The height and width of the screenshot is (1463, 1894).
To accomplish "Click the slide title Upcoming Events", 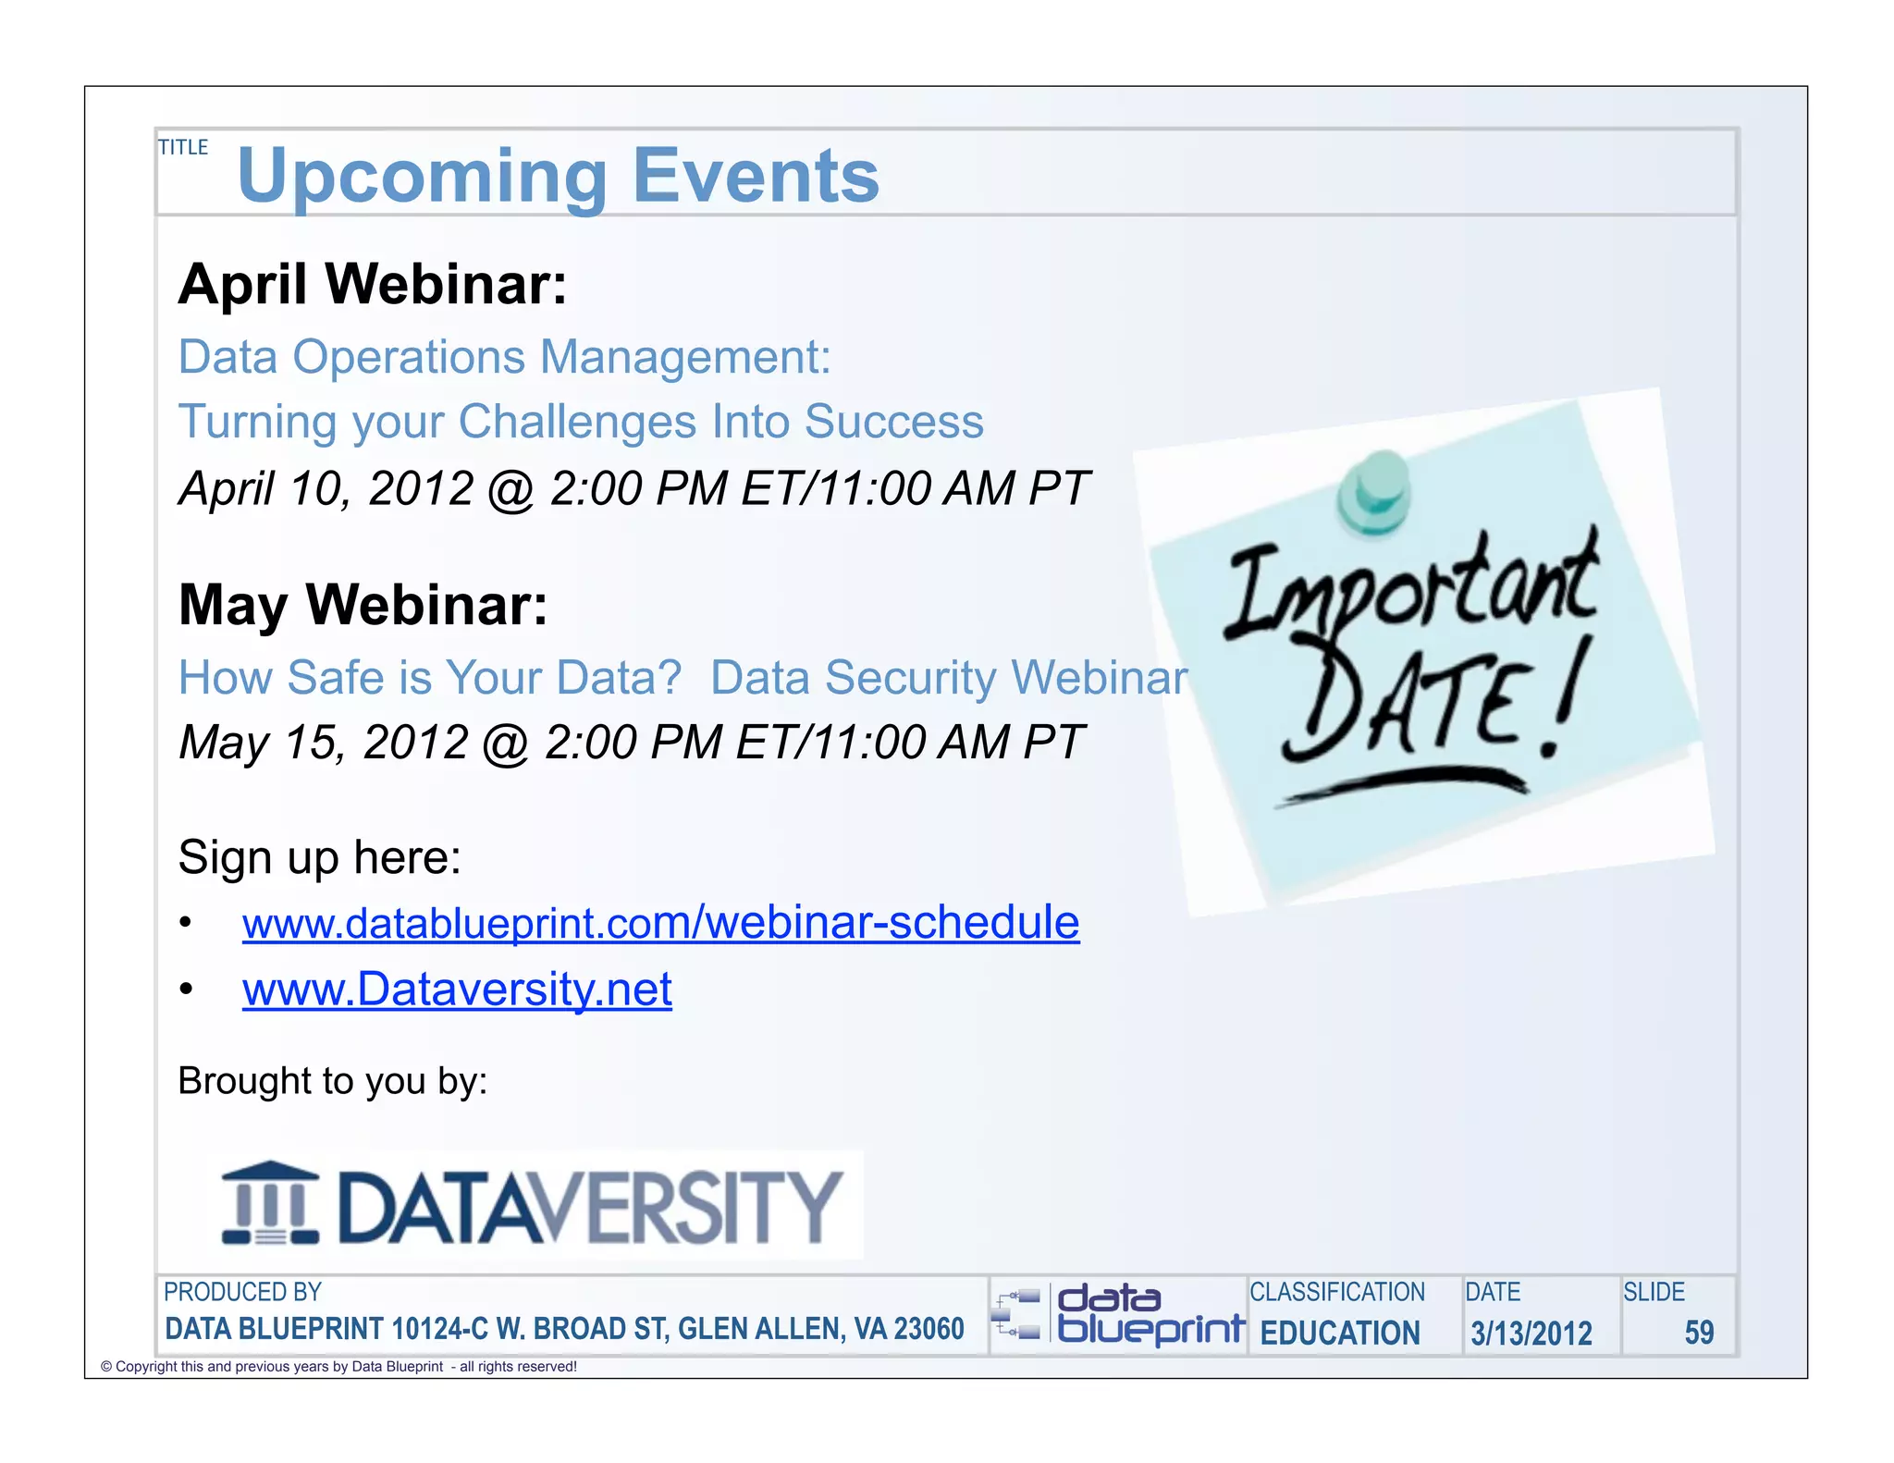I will click(x=558, y=176).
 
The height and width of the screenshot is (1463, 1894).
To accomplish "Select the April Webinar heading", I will click(x=372, y=284).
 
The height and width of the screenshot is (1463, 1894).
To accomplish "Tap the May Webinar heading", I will click(x=363, y=605).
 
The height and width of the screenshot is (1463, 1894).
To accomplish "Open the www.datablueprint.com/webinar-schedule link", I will click(x=660, y=923).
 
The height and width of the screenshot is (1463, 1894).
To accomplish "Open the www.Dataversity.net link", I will click(x=457, y=990).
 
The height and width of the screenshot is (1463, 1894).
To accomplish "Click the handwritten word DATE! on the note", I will click(x=1433, y=703).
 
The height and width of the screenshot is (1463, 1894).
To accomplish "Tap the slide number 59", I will click(x=1699, y=1333).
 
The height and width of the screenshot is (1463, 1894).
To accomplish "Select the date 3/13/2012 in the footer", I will click(x=1531, y=1333).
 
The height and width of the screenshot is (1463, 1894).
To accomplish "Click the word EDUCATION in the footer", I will click(x=1340, y=1333).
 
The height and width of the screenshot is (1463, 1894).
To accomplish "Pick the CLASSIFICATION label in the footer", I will click(x=1337, y=1292).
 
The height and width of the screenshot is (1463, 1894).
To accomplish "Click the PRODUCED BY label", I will click(x=242, y=1292).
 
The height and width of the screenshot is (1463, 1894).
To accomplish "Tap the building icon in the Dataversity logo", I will click(x=270, y=1203).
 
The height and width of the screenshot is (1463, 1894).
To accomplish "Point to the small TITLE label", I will click(x=183, y=148).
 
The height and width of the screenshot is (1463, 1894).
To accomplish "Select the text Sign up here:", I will click(x=319, y=857).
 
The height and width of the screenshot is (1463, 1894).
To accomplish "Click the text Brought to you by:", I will click(x=332, y=1081).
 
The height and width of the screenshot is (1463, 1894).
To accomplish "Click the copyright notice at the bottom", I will click(x=338, y=1367).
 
